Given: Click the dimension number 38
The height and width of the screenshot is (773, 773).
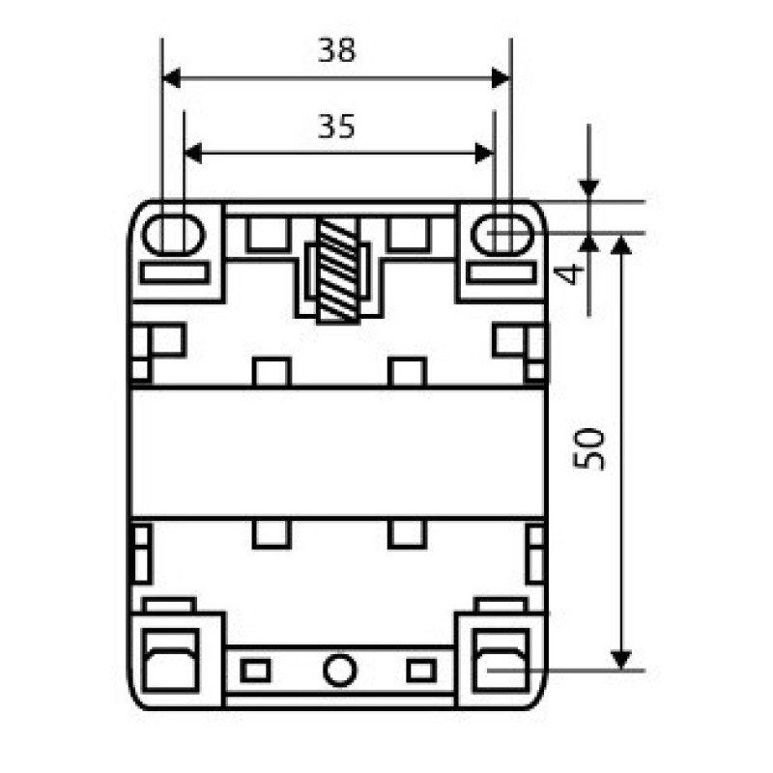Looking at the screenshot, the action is coord(336,50).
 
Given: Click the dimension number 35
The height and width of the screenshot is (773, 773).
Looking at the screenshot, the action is coord(336,127).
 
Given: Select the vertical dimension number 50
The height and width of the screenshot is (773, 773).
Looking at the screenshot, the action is coord(589,449).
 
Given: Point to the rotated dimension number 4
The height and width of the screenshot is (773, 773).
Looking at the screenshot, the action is coord(568,275).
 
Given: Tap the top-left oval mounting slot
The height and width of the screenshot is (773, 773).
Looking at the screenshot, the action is coord(174,235).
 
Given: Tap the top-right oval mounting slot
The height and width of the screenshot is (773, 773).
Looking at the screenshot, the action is coord(502,235).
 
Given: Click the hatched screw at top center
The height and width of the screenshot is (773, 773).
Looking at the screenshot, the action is coord(338,271).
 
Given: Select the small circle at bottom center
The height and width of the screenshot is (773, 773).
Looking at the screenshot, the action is coord(339,670).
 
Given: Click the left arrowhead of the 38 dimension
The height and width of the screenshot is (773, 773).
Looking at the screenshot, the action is coord(171,78).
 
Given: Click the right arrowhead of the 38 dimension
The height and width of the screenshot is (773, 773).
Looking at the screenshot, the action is coord(501,78).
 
